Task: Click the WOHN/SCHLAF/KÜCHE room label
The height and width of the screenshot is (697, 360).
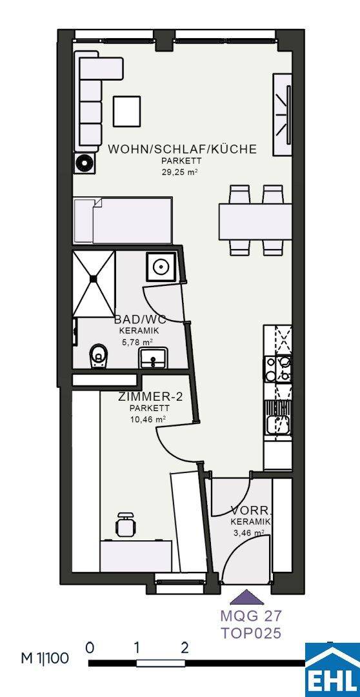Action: (182, 149)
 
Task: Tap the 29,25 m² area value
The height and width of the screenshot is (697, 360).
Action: (179, 171)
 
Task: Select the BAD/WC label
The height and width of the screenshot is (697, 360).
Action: (140, 319)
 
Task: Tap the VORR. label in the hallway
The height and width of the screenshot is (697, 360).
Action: (252, 510)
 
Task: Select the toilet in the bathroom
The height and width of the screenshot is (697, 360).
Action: (98, 356)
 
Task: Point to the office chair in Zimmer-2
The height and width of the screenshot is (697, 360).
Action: (125, 524)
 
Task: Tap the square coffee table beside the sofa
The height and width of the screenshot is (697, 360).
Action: (126, 111)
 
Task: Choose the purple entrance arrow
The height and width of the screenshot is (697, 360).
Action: (246, 597)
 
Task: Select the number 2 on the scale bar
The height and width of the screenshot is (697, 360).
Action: (185, 647)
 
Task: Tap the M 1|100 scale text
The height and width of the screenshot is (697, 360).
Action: (45, 658)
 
